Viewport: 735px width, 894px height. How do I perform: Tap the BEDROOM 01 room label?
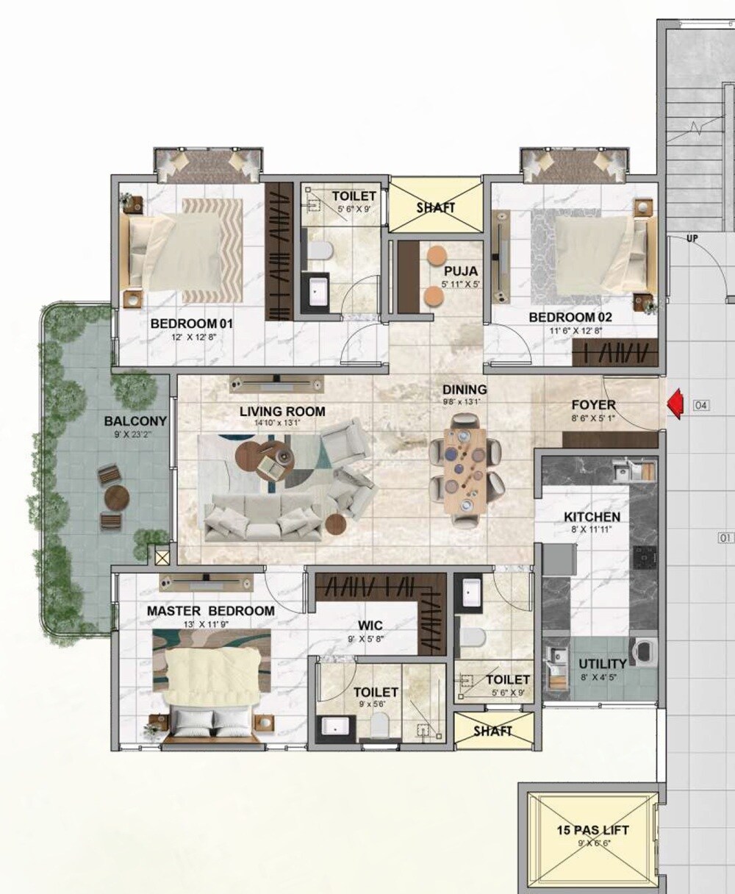coord(191,323)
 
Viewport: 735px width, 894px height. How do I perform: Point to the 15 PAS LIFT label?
coord(592,831)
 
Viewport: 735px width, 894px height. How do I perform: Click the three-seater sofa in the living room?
coord(265,516)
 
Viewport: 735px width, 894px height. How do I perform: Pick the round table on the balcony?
coord(116,499)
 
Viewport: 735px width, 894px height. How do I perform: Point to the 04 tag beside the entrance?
coord(702,404)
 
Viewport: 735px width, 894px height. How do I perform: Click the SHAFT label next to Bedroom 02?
coord(436,208)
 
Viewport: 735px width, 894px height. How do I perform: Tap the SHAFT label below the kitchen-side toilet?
coord(492,732)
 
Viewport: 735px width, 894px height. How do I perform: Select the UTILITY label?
coord(603,665)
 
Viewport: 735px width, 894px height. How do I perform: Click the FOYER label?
coord(594,405)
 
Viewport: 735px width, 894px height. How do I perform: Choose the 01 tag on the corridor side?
coord(725,537)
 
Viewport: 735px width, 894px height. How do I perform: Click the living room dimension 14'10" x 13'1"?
coord(282,423)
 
